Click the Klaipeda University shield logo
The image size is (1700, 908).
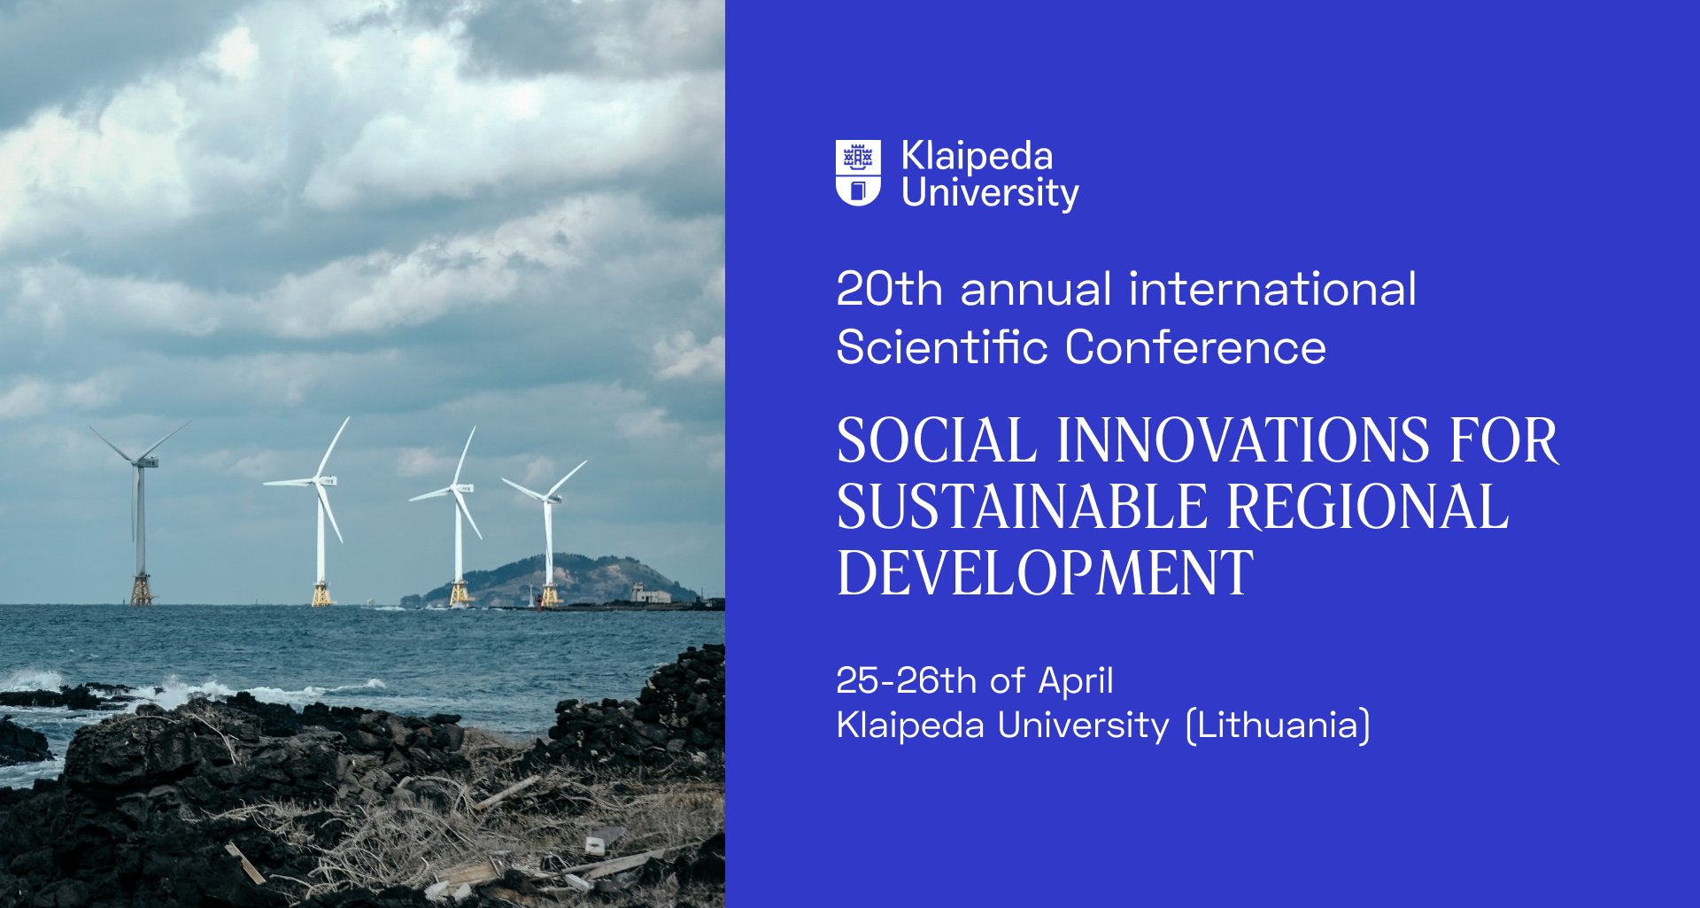858,173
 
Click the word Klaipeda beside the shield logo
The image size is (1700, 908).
977,156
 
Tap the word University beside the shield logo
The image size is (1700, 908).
990,193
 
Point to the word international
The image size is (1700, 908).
1272,289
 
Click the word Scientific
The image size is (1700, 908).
942,346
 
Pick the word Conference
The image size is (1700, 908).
1195,346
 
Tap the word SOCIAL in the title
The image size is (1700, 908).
937,440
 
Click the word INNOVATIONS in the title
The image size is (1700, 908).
1243,440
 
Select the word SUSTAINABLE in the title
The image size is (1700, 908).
1023,507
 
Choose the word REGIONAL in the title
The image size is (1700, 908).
1368,507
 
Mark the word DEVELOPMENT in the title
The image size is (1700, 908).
1046,573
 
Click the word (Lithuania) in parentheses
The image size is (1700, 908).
1279,726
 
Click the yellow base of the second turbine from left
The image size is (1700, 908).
321,594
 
